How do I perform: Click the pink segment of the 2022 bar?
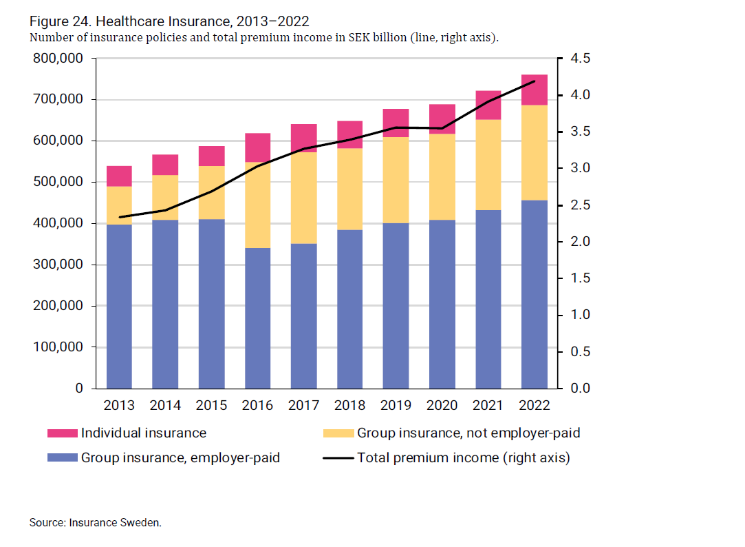pos(534,90)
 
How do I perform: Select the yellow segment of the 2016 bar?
pos(257,205)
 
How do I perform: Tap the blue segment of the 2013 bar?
pos(119,306)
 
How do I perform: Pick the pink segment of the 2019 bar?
pos(396,123)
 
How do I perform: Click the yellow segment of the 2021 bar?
pos(488,165)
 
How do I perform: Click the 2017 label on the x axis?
pos(303,405)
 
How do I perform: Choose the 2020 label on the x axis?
pos(442,405)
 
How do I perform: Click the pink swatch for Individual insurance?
pos(62,433)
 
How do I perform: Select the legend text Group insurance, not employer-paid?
pos(468,433)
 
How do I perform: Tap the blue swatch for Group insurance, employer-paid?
pos(62,457)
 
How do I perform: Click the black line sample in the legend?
pos(338,457)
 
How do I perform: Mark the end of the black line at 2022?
pos(535,81)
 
